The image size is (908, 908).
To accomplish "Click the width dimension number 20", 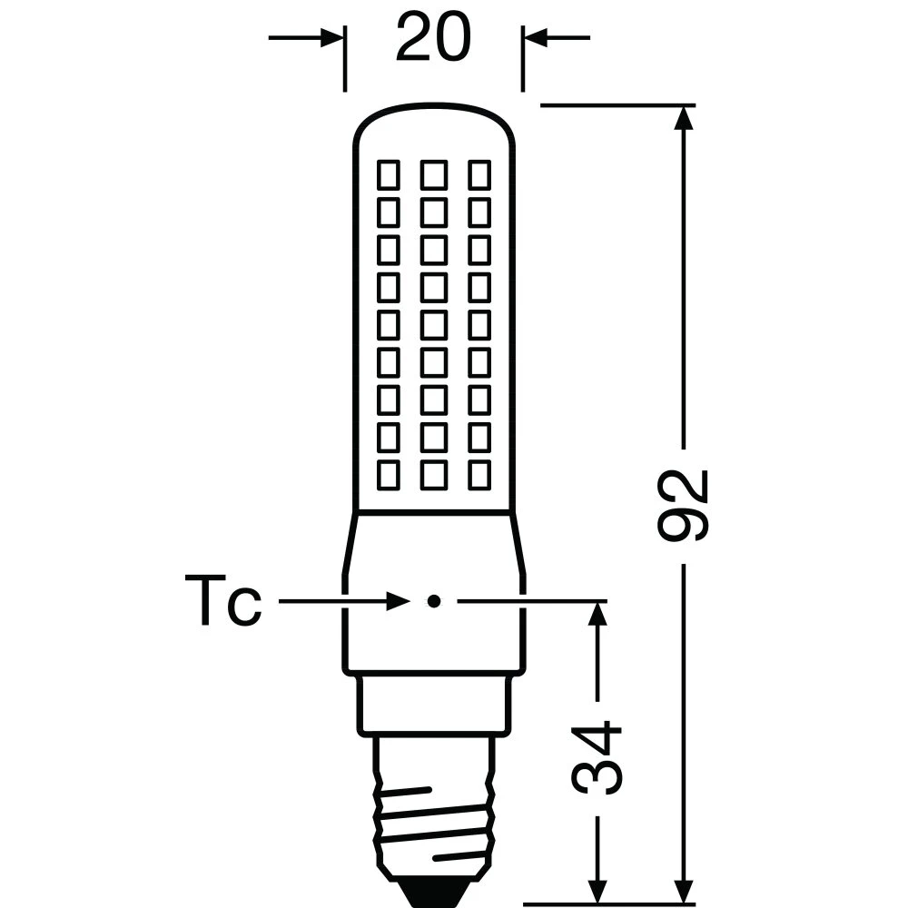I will click(433, 39).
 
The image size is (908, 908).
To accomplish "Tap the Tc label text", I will click(223, 601).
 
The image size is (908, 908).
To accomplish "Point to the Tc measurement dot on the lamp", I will click(434, 601).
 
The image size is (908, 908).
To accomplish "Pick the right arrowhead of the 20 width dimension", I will click(534, 38).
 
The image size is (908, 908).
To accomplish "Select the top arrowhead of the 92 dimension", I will click(683, 118).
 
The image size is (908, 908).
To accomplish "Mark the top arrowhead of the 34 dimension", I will click(597, 614).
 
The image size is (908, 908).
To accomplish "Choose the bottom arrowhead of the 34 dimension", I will click(597, 873).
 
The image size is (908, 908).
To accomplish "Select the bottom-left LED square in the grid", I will click(389, 474).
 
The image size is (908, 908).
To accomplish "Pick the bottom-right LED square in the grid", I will click(479, 474).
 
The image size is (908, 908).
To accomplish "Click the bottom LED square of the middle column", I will click(434, 474).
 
